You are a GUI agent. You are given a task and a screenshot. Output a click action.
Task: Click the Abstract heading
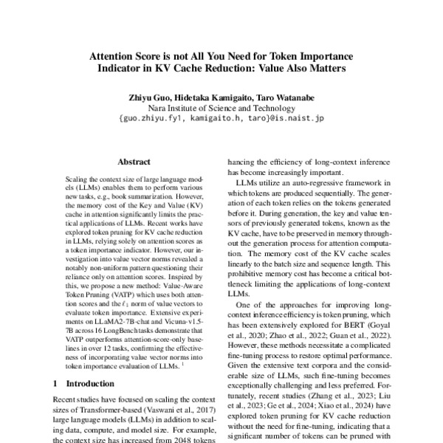(x=134, y=162)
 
